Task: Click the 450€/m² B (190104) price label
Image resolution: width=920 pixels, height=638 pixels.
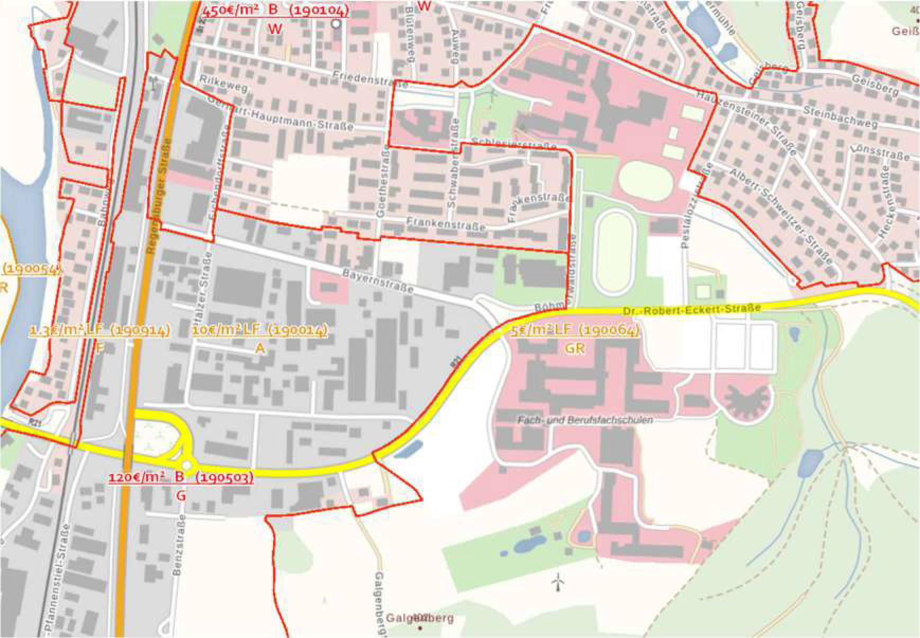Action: [x=275, y=11]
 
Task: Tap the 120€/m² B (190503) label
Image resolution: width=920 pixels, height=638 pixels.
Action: [x=181, y=477]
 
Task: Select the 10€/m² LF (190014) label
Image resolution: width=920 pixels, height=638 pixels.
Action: [x=259, y=330]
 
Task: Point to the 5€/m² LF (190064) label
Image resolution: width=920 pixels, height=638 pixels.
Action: [x=575, y=330]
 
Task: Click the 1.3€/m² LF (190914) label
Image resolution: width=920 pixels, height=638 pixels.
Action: [x=100, y=330]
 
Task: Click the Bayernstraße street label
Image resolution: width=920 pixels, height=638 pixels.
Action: [x=377, y=281]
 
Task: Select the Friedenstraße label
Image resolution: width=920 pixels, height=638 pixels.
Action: [x=370, y=79]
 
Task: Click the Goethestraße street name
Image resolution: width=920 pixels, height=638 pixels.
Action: [x=382, y=184]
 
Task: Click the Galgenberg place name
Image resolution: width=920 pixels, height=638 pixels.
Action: [x=420, y=618]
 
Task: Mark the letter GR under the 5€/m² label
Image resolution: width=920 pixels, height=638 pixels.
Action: [x=575, y=348]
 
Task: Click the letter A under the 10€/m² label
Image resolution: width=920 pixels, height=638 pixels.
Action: [x=259, y=348]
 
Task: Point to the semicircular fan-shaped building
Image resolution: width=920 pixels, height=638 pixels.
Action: [x=743, y=399]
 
